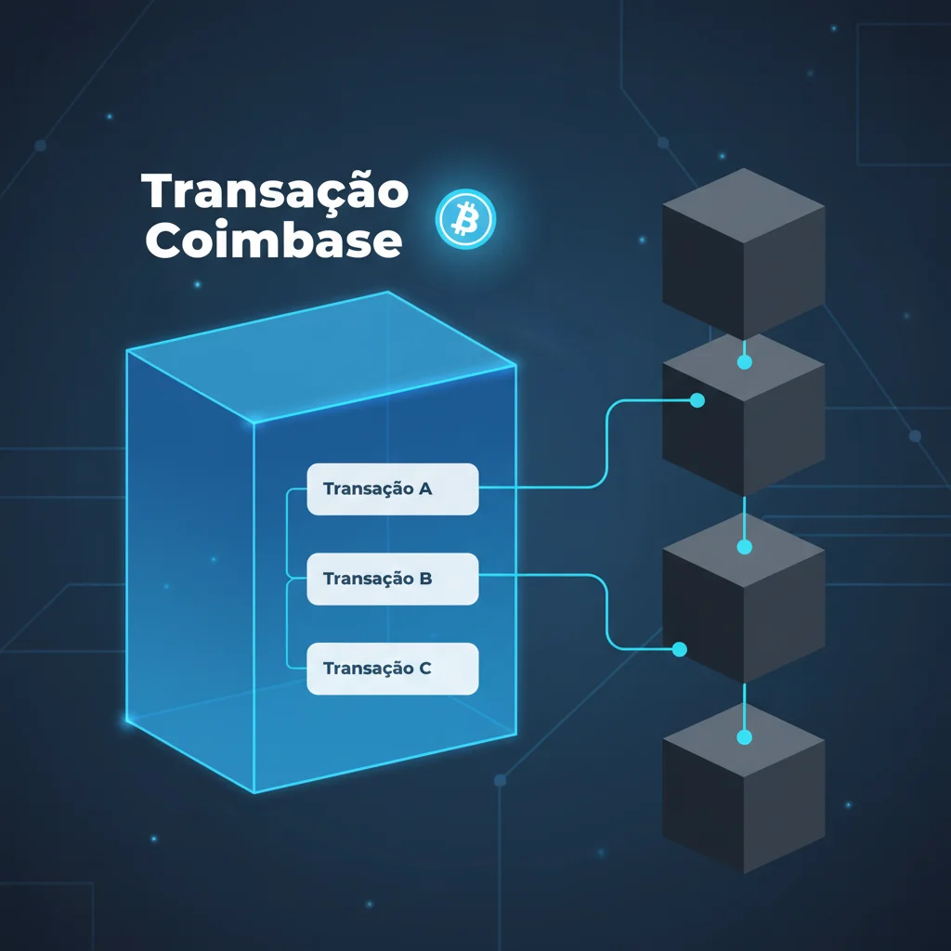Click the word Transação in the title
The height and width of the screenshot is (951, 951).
[x=275, y=192]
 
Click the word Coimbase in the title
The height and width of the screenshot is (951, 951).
[x=274, y=241]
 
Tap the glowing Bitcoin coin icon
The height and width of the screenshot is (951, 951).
[x=465, y=220]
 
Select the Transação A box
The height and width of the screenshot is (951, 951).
[x=392, y=489]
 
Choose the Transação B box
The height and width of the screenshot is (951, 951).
[x=392, y=579]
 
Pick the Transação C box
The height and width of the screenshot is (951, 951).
[x=392, y=668]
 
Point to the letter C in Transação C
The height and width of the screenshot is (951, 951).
[x=425, y=668]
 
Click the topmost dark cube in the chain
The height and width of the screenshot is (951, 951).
[x=743, y=255]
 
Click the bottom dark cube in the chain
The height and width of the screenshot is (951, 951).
[x=743, y=789]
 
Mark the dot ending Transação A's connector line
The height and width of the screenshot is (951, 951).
[x=697, y=400]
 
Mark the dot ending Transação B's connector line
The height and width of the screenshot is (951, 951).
[x=679, y=649]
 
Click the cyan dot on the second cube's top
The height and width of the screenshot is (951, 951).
[x=744, y=363]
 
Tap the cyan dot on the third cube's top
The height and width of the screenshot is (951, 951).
[x=744, y=548]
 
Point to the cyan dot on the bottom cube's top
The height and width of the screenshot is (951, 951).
[x=744, y=737]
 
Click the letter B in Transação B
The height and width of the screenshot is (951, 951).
[x=425, y=579]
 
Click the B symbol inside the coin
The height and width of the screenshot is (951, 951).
[x=465, y=220]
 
